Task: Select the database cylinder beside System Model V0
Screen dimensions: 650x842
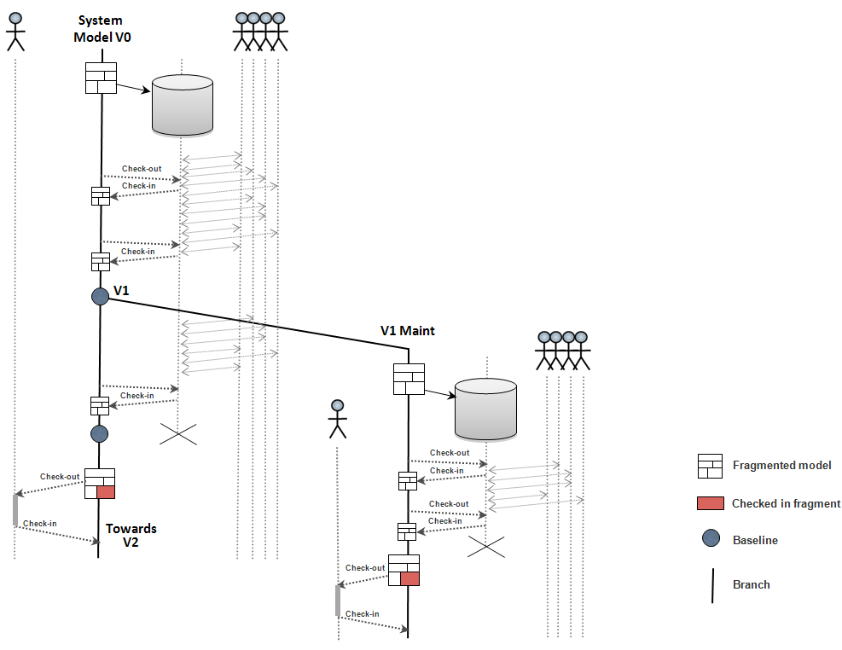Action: (182, 105)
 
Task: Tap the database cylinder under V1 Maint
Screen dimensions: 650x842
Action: (486, 409)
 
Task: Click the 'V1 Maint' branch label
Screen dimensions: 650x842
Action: (407, 330)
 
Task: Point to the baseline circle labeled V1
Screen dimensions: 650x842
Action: (101, 296)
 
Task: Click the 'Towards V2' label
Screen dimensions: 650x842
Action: (131, 536)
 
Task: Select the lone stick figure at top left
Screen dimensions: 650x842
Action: (15, 30)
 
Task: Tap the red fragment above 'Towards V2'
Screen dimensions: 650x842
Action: (106, 491)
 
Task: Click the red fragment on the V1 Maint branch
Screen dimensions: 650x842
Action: (409, 578)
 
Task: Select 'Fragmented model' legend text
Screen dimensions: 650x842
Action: (781, 466)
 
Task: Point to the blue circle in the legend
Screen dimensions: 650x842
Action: (711, 540)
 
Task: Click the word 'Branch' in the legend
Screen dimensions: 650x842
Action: (751, 585)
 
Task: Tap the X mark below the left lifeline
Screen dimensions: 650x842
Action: (178, 434)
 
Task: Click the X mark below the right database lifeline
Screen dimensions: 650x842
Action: (486, 547)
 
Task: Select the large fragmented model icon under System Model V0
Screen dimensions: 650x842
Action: (101, 78)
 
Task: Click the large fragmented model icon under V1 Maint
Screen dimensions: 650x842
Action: (409, 379)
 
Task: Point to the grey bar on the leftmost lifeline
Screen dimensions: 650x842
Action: (15, 509)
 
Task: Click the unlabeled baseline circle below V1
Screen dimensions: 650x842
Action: (100, 434)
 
